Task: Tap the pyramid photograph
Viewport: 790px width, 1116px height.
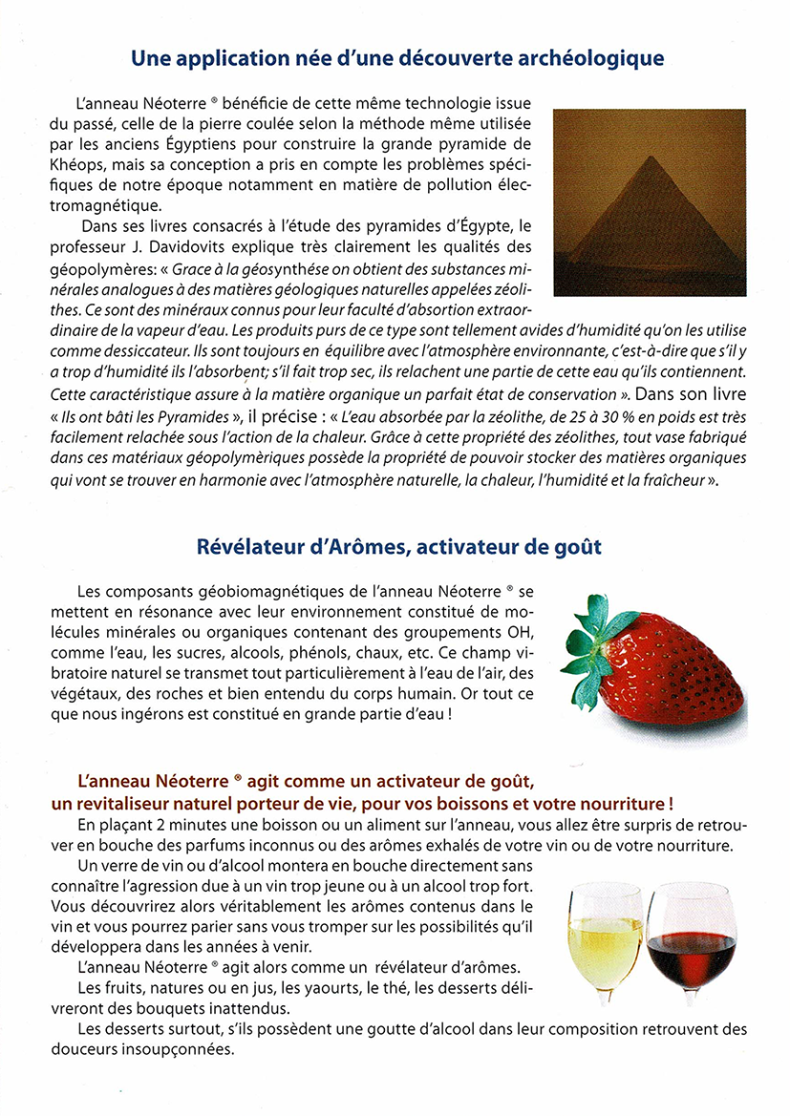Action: [x=649, y=202]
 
